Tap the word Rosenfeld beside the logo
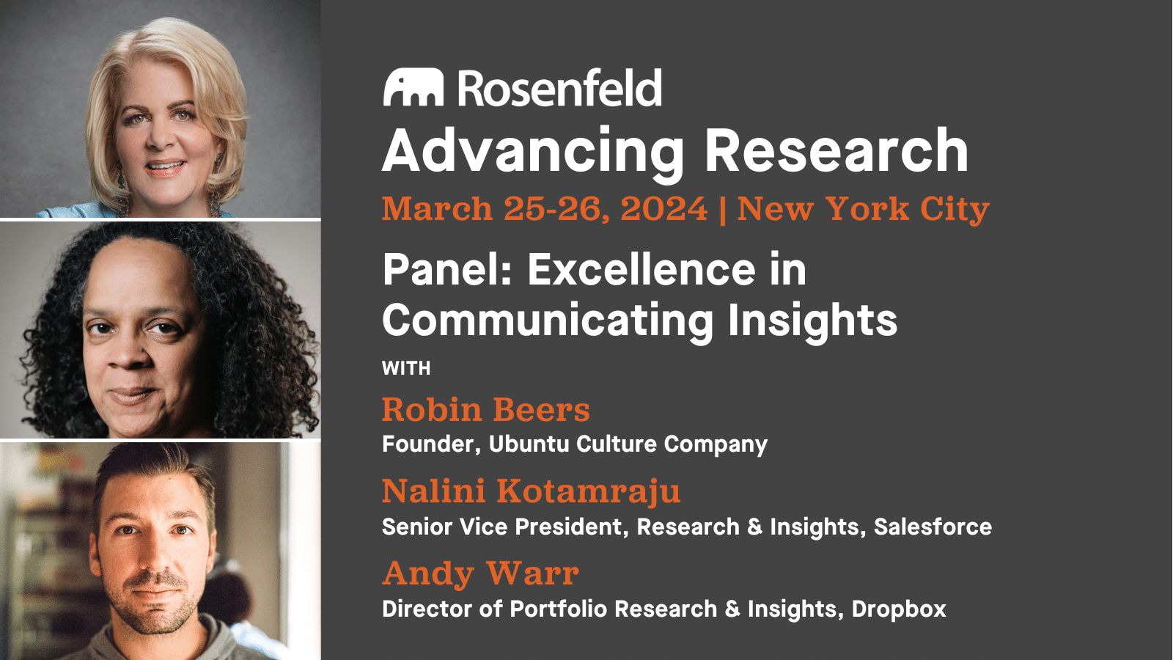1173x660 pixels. (x=560, y=88)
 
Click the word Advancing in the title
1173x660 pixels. (x=533, y=151)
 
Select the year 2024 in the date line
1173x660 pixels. (x=663, y=209)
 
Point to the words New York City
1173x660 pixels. (x=863, y=209)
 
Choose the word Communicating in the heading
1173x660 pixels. (x=547, y=320)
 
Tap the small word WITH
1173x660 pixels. (x=406, y=368)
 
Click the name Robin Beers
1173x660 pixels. (x=485, y=409)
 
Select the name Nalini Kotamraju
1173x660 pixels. (x=531, y=491)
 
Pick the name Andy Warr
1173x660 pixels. (x=480, y=573)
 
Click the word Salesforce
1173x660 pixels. (x=933, y=527)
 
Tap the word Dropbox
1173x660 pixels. (x=899, y=609)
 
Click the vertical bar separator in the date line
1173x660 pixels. (x=723, y=209)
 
